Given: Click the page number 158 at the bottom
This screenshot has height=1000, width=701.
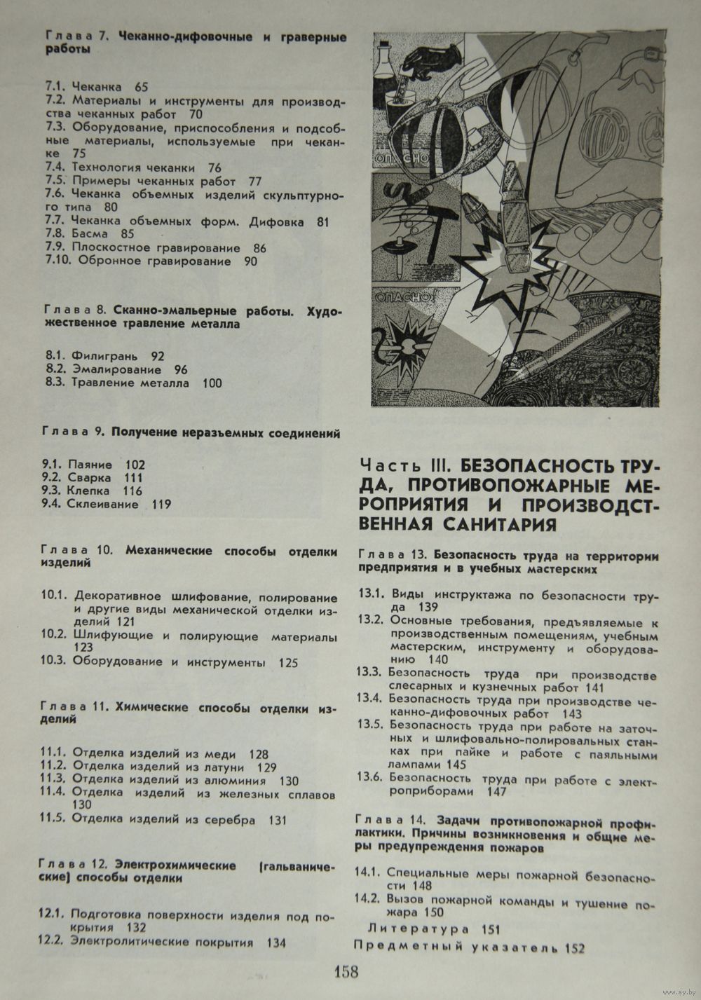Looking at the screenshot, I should (x=346, y=972).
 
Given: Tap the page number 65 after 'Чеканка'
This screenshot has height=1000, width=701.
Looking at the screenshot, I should (x=142, y=88).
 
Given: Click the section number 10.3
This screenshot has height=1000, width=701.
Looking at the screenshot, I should (x=54, y=662).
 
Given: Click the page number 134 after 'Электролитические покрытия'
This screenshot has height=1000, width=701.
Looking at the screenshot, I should (x=276, y=943).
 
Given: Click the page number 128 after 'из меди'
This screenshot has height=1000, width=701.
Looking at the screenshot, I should (x=258, y=755).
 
